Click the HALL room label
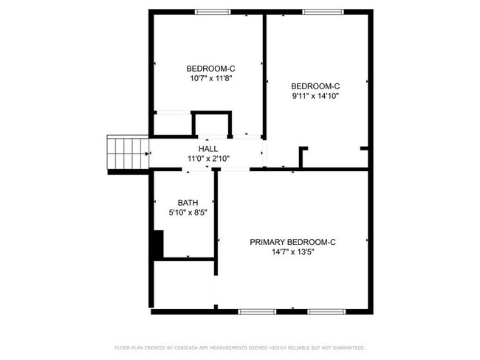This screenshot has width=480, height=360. [208, 148]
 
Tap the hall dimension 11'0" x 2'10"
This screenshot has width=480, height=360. [208, 158]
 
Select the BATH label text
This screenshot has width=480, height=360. [188, 203]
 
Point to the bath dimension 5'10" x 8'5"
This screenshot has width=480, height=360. [188, 212]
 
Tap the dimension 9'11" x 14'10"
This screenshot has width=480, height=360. [315, 95]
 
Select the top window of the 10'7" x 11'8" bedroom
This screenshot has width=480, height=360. [211, 12]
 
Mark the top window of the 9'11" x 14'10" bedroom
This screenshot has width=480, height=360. [318, 12]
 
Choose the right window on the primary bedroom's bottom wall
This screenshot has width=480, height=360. [326, 311]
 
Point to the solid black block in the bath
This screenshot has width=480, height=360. [157, 244]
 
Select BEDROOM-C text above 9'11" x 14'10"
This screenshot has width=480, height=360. [315, 86]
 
